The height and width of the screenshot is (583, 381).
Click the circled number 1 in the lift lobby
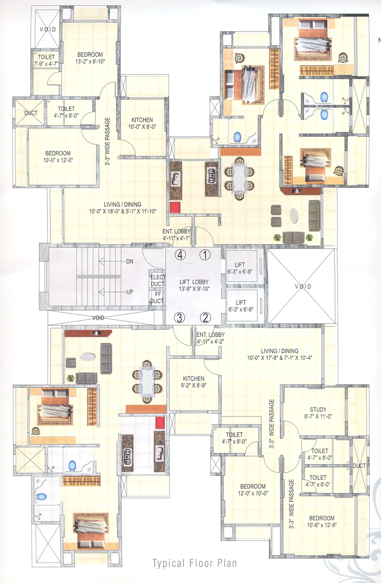click(206, 254)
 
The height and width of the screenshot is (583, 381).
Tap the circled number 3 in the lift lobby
click(180, 317)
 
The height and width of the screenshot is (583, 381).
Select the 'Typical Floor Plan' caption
click(194, 563)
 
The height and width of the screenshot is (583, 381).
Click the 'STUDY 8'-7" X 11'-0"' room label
click(318, 414)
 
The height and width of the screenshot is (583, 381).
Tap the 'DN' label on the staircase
click(129, 262)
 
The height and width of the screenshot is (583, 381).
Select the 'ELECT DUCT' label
click(157, 280)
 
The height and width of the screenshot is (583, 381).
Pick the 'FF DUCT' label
click(157, 298)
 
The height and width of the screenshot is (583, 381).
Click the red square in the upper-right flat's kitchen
click(175, 207)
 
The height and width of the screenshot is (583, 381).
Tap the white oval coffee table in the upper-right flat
click(296, 215)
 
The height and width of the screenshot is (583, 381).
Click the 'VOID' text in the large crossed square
click(302, 287)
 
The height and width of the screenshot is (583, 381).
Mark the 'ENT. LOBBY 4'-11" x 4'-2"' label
click(210, 338)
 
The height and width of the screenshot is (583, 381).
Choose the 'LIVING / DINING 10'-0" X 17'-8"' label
click(279, 354)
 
